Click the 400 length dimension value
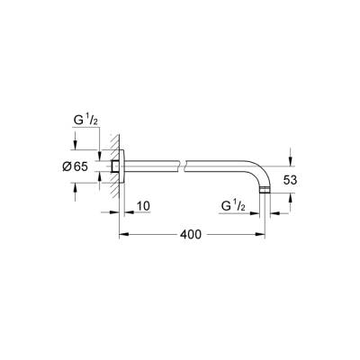(189, 234)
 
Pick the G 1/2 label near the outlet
(237, 207)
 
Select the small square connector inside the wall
(117, 166)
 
